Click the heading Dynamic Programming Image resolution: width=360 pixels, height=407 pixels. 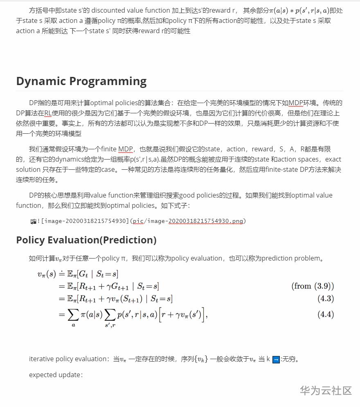tap(81, 81)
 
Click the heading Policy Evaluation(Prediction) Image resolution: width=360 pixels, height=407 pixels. tap(86, 240)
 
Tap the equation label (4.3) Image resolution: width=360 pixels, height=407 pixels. tap(326, 299)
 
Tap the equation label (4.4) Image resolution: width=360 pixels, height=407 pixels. tap(326, 315)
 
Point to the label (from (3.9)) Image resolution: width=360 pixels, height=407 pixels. tap(313, 286)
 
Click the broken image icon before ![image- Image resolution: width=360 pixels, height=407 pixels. tap(33, 221)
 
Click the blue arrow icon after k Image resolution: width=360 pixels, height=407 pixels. tap(276, 360)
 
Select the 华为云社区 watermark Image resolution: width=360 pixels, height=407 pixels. tap(326, 390)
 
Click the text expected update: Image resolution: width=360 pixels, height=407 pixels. tap(56, 375)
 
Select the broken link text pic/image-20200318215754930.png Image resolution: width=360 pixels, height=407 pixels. tap(188, 221)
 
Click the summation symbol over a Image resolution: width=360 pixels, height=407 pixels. tap(73, 315)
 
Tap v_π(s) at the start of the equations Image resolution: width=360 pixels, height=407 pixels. tap(46, 274)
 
